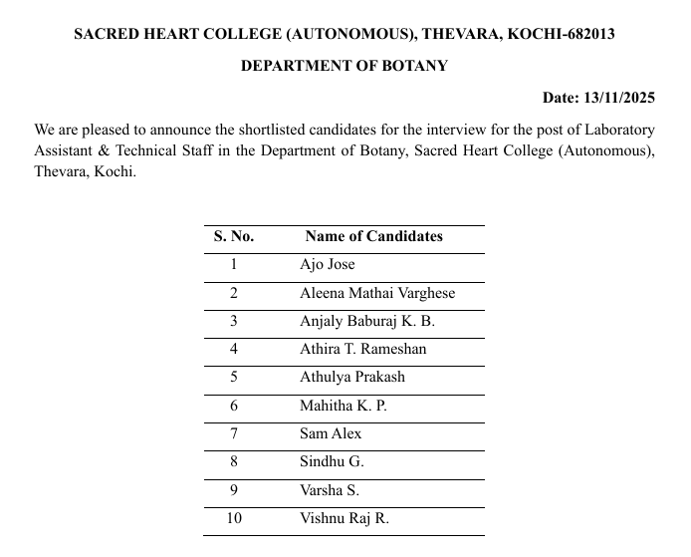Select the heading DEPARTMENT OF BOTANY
(x=345, y=66)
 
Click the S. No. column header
(x=234, y=236)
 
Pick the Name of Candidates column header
(x=373, y=236)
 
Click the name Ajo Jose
(x=327, y=265)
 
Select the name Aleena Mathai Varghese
(x=376, y=293)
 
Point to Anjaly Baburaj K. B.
(x=366, y=321)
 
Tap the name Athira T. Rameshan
(x=362, y=350)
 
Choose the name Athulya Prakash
(x=351, y=378)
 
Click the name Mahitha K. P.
(x=343, y=406)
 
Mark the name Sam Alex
(x=331, y=433)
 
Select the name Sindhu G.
(x=332, y=462)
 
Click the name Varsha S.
(x=330, y=490)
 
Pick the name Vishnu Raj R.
(x=344, y=518)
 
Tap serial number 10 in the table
(x=234, y=518)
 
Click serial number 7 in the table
(x=234, y=433)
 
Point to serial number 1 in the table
(x=234, y=265)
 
